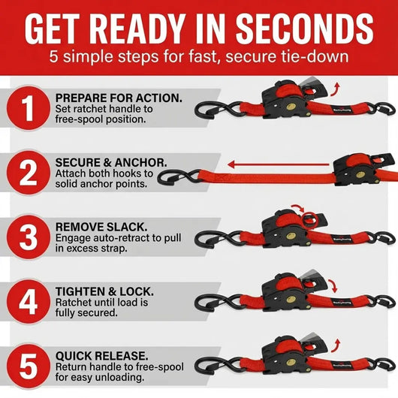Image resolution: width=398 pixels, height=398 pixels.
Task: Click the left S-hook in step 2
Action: tap(178, 178)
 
